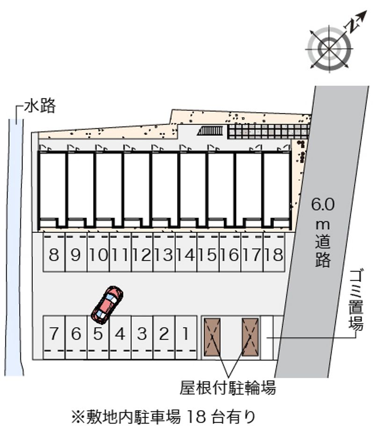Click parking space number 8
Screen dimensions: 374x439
(x=54, y=252)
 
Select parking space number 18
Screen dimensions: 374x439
(x=274, y=252)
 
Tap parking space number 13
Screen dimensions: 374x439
(x=164, y=252)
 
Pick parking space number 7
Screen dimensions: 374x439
(x=54, y=337)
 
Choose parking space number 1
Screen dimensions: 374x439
(x=186, y=337)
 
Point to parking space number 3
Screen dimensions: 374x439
(x=142, y=337)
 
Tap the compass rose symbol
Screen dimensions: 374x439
(x=330, y=49)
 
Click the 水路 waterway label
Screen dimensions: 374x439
(x=40, y=106)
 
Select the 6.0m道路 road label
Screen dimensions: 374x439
(x=323, y=232)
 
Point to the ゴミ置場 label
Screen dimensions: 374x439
(x=356, y=299)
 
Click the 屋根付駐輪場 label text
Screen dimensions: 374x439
(x=228, y=388)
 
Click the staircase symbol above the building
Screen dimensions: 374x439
(x=210, y=131)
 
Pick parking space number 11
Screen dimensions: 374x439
(x=120, y=252)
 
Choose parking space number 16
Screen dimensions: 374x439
(x=230, y=252)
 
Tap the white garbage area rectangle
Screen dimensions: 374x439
(x=266, y=338)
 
